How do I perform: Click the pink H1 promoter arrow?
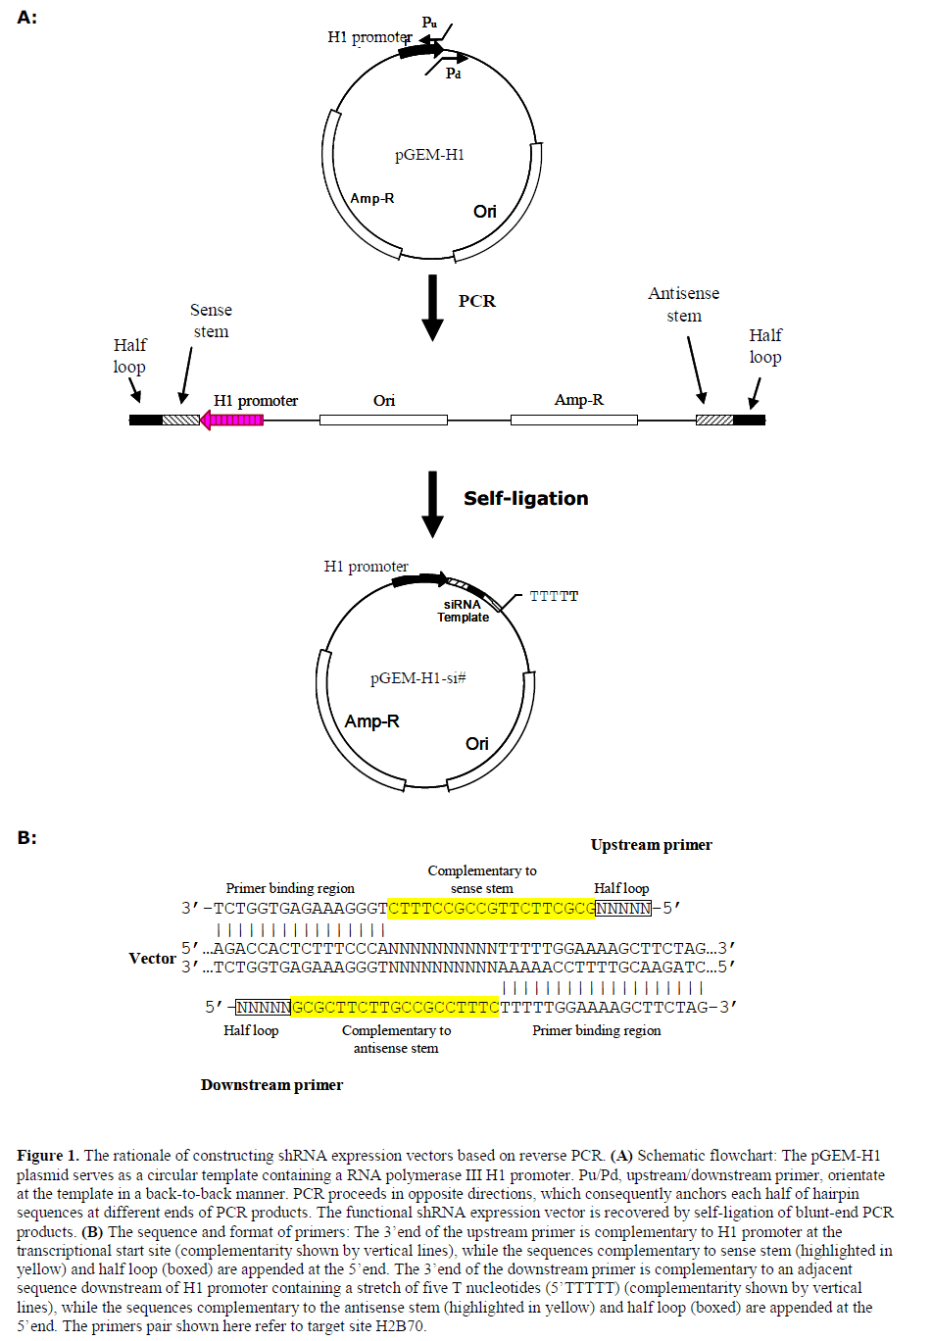(231, 420)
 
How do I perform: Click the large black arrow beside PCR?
(432, 307)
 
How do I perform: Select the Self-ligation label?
(525, 498)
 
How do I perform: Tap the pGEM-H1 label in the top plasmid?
(429, 155)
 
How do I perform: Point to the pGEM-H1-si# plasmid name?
(417, 678)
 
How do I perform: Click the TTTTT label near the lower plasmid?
(554, 596)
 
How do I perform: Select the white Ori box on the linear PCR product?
(383, 420)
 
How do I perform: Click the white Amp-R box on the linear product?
(573, 420)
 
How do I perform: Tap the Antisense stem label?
(684, 304)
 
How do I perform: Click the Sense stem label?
(211, 321)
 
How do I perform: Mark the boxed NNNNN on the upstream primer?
(623, 908)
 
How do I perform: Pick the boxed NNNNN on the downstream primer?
(264, 1007)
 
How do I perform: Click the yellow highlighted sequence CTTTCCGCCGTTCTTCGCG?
(491, 908)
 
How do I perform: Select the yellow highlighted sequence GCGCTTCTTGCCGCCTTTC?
(396, 1007)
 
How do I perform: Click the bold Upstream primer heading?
(651, 845)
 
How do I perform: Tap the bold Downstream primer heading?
(271, 1084)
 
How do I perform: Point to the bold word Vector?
(152, 958)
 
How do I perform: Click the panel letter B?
(26, 837)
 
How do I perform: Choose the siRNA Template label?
(463, 611)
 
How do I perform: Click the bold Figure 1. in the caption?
(47, 1156)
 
